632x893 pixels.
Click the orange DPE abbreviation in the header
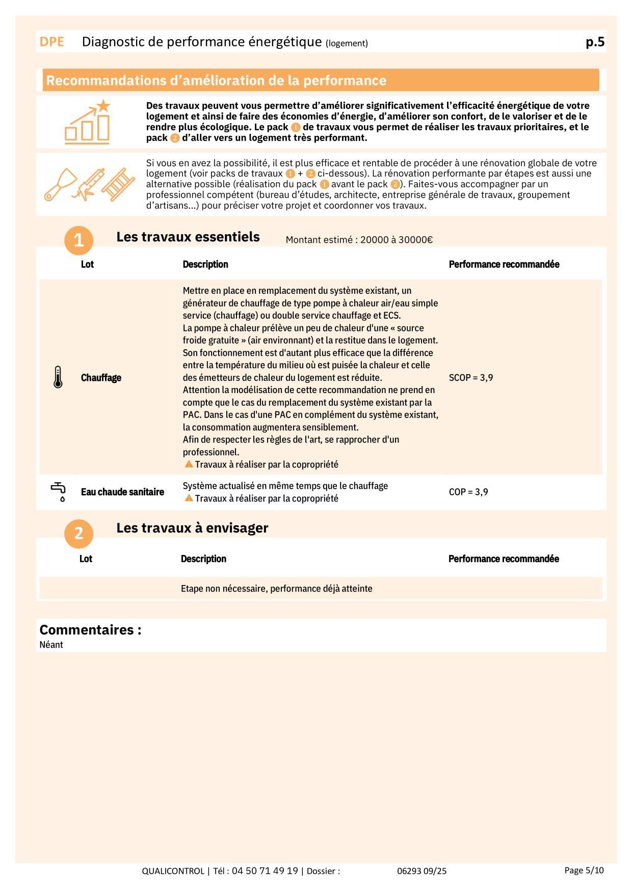pos(51,42)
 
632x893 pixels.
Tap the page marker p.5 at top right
pos(595,42)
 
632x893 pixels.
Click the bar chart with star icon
pos(88,122)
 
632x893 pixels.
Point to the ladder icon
pos(118,184)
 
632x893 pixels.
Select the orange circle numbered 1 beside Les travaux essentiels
pos(78,240)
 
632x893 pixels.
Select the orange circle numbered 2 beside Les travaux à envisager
pos(78,533)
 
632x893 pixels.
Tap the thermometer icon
pos(58,377)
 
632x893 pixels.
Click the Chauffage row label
pos(101,378)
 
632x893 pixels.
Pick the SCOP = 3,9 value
pos(470,378)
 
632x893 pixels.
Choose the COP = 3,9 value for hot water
pos(468,492)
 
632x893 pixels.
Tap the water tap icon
pos(59,492)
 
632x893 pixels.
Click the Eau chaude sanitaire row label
pos(122,492)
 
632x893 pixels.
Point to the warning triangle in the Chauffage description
pos(189,464)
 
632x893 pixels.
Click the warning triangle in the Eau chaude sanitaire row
pos(189,498)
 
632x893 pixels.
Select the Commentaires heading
pos(90,630)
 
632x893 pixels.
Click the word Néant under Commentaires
pos(51,645)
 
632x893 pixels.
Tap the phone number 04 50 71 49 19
pos(265,871)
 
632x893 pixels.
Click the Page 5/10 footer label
pos(584,870)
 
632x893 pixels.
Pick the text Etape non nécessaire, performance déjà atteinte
pos(276,589)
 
